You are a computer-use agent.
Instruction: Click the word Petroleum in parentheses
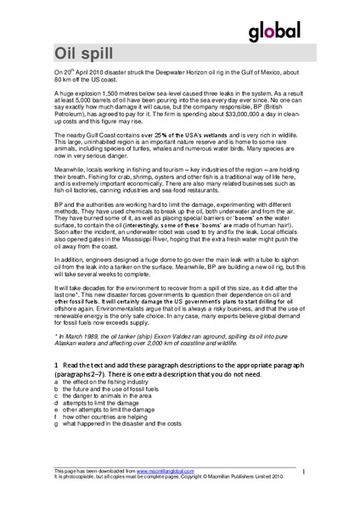(70, 124)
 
